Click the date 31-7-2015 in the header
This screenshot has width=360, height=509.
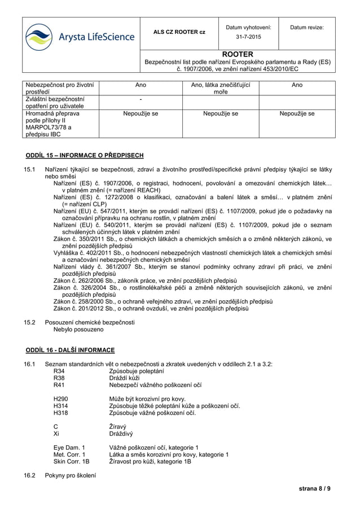pos(248,37)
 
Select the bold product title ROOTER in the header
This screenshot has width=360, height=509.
pos(238,54)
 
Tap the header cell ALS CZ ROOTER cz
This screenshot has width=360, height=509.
pos(179,32)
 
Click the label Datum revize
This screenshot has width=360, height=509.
pos(307,27)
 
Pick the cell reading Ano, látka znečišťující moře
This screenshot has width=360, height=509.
pos(221,89)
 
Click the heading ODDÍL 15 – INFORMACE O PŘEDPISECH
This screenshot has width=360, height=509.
pos(85,155)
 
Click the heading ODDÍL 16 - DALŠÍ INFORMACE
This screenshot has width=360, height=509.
pos(71,350)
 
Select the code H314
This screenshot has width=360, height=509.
pos(60,406)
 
